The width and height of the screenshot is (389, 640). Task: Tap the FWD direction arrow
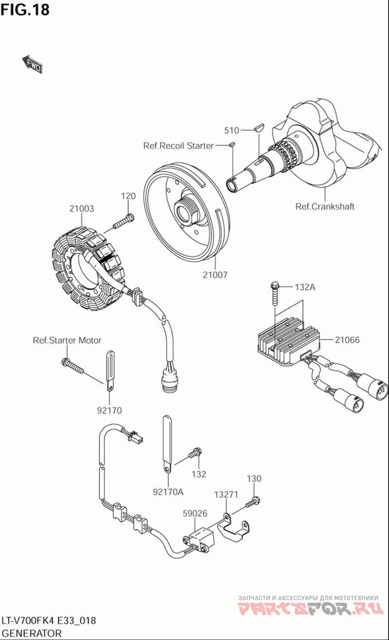click(x=33, y=64)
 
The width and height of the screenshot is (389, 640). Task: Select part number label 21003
click(x=81, y=209)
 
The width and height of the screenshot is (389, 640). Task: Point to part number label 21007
click(x=215, y=275)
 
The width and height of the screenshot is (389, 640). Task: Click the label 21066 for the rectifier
click(x=347, y=340)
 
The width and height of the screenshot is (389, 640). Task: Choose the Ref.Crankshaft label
click(x=325, y=206)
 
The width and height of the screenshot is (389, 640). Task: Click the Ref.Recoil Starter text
click(x=178, y=145)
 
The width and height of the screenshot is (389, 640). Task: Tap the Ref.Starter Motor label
click(x=67, y=340)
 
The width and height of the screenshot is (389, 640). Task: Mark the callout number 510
click(x=231, y=130)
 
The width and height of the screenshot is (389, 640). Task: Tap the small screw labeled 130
click(x=253, y=502)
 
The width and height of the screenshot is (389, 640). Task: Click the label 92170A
click(x=168, y=492)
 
